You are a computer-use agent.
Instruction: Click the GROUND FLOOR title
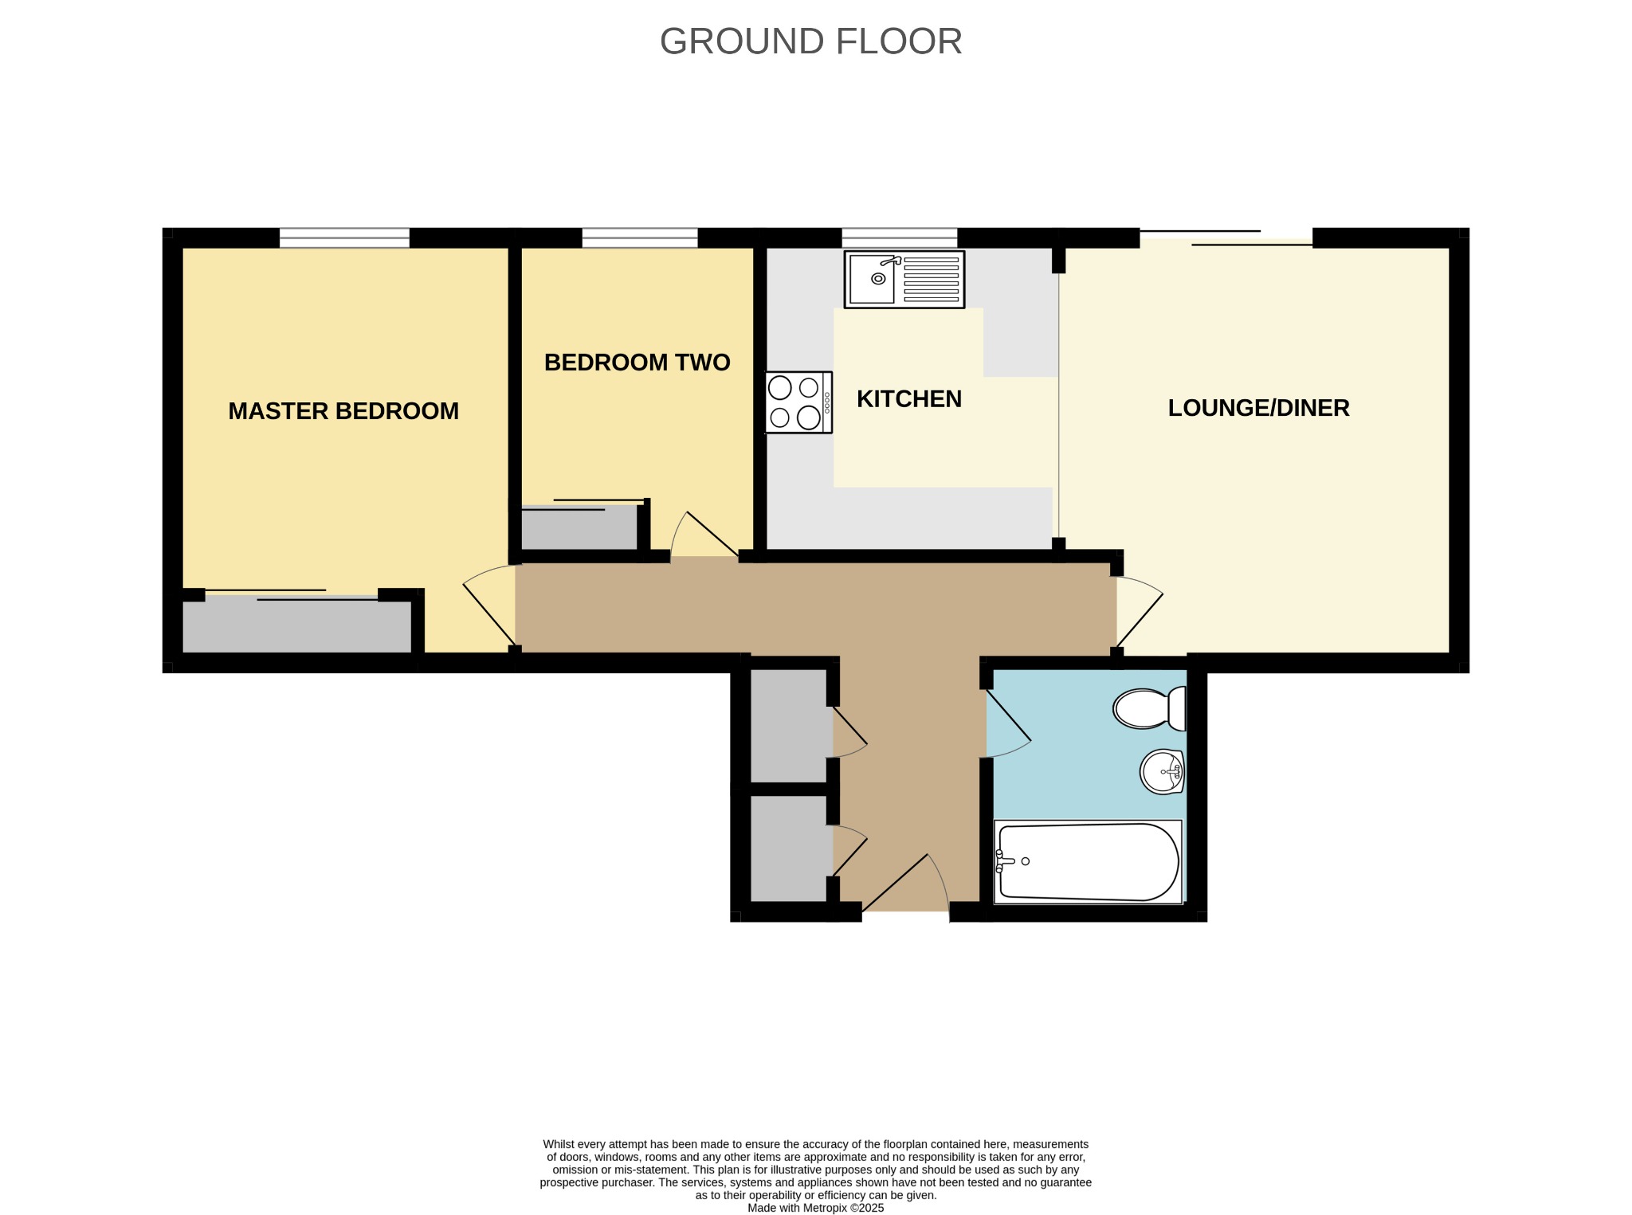810,41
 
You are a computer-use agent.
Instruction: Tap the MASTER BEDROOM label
343,411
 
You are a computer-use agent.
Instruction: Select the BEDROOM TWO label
637,363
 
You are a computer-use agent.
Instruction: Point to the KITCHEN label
909,399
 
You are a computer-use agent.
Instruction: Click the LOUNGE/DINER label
1259,408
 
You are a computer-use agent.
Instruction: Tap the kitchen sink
904,280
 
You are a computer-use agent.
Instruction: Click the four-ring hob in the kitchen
798,402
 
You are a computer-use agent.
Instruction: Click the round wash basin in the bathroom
1162,771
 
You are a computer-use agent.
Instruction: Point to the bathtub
1088,862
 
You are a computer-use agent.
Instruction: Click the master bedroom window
344,237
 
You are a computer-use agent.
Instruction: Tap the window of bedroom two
640,237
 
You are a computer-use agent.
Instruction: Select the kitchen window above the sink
900,237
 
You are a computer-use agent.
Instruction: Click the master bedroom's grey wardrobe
297,625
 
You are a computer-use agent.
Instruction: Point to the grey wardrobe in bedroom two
579,527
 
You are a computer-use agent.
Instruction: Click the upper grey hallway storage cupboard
789,726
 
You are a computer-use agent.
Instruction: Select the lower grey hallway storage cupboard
789,849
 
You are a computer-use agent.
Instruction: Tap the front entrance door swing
905,883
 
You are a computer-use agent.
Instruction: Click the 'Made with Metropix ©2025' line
815,1208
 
